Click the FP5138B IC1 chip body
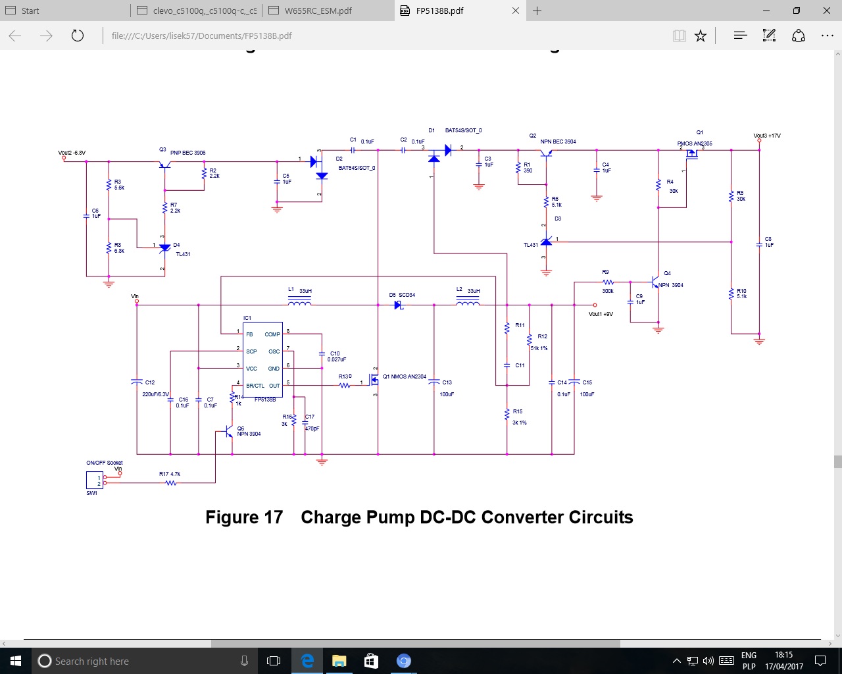tap(263, 359)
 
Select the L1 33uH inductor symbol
tap(299, 303)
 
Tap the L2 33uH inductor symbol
tap(468, 303)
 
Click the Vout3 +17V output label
tap(767, 136)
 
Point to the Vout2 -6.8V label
tap(72, 153)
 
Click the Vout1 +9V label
tap(601, 314)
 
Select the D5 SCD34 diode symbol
tap(398, 305)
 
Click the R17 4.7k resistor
tap(171, 482)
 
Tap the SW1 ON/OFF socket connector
tap(95, 480)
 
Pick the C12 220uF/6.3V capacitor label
tap(155, 394)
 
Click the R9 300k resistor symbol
tap(608, 282)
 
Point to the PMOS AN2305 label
tap(695, 143)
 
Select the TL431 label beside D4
tap(183, 254)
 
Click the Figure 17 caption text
tap(419, 517)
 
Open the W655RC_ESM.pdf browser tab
tap(318, 11)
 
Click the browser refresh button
tap(78, 36)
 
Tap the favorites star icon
tap(701, 36)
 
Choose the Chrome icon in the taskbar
tap(404, 661)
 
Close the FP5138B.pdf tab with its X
tap(516, 11)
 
